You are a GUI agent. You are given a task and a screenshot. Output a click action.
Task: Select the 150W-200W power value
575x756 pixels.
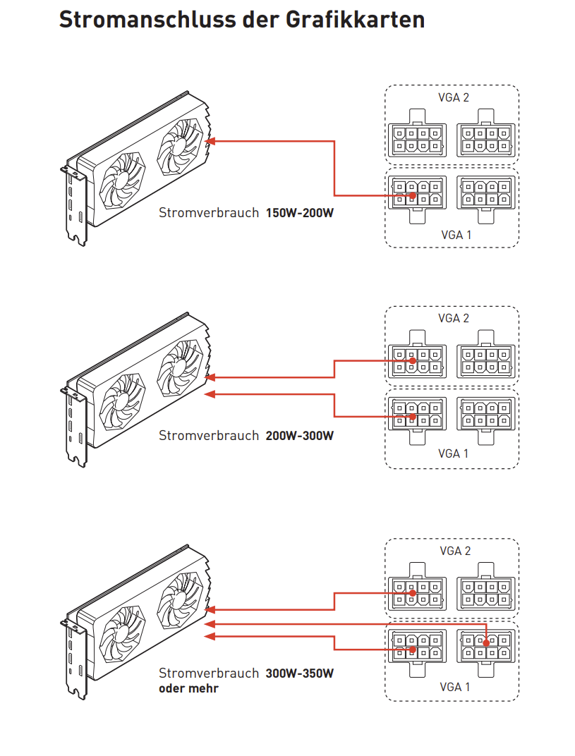pos(300,212)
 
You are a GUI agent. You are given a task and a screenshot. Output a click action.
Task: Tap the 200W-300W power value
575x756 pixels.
pos(300,435)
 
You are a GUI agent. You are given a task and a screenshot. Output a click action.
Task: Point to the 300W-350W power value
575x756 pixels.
pos(300,673)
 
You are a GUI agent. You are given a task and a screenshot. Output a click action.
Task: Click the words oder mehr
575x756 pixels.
pos(188,688)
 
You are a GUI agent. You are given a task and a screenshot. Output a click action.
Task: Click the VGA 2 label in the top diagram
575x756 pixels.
pos(453,97)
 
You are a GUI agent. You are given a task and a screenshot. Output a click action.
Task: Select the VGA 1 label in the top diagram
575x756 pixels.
pos(454,235)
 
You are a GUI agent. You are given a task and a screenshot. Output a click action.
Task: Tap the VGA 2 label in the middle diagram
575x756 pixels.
pos(453,318)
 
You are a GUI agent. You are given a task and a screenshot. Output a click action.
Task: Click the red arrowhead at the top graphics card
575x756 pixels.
pos(210,141)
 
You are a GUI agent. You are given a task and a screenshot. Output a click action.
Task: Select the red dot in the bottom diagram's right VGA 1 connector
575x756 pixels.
pos(487,642)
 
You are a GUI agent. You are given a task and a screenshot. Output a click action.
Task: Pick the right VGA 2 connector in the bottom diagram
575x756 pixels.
pos(486,592)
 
